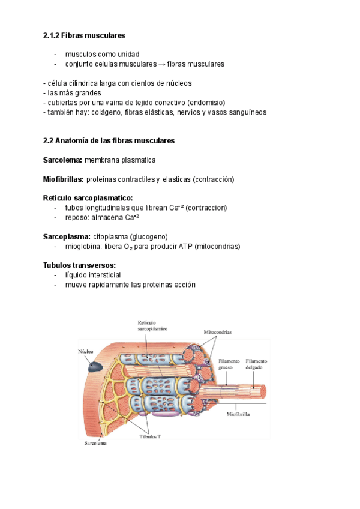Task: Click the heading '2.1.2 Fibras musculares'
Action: click(84, 36)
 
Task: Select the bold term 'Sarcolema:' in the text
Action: click(62, 160)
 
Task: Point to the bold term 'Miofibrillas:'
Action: click(63, 179)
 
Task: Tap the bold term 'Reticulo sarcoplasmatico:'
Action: click(88, 198)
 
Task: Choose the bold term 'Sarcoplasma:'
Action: click(67, 236)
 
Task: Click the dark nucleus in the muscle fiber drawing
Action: click(93, 366)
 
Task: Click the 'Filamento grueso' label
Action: click(229, 365)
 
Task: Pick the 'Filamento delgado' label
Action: click(257, 365)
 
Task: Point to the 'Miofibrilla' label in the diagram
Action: click(239, 414)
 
